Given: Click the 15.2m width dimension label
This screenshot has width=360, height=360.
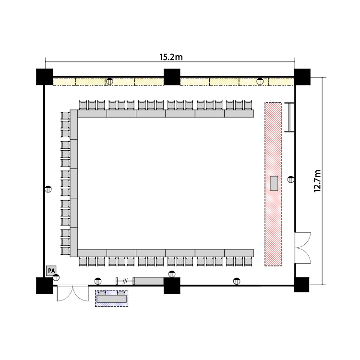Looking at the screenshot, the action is pos(171,57).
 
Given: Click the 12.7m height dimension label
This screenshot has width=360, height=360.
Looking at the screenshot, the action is pos(317,181).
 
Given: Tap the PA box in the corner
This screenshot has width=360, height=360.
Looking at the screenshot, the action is pos(51,271).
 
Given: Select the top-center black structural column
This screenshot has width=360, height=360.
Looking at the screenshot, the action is pos(172,77).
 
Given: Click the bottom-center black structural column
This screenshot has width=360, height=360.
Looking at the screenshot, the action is pos(172,286).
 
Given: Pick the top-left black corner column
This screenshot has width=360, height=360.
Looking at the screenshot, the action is pos(45,77).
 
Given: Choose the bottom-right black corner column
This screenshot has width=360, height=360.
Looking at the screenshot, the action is pos(302,285).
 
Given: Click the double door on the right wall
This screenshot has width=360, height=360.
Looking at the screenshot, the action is pos(302,248).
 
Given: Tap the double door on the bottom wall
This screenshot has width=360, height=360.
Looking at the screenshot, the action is pos(72,293).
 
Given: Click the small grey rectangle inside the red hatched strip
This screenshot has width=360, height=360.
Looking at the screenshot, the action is pos(274,183).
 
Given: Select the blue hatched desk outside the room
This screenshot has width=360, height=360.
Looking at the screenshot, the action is pos(111,298).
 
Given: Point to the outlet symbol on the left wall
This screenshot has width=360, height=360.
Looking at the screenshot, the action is pos(48,189).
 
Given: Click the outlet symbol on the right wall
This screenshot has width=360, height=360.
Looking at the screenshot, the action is pos(291,180).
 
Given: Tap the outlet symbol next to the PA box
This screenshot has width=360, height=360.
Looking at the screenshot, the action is pos(56,277).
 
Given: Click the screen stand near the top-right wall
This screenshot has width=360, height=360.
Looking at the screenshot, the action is pos(289,117).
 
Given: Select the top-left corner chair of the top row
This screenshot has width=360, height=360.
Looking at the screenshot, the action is pos(83,105).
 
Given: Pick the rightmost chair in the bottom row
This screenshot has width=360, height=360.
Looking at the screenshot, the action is pos(248,262).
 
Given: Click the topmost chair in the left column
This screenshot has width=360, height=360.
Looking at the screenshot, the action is pos(65,116).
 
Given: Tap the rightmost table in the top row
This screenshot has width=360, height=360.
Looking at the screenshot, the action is pos(239,114).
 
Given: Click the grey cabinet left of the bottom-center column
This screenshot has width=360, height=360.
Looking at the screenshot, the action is pos(149,281).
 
